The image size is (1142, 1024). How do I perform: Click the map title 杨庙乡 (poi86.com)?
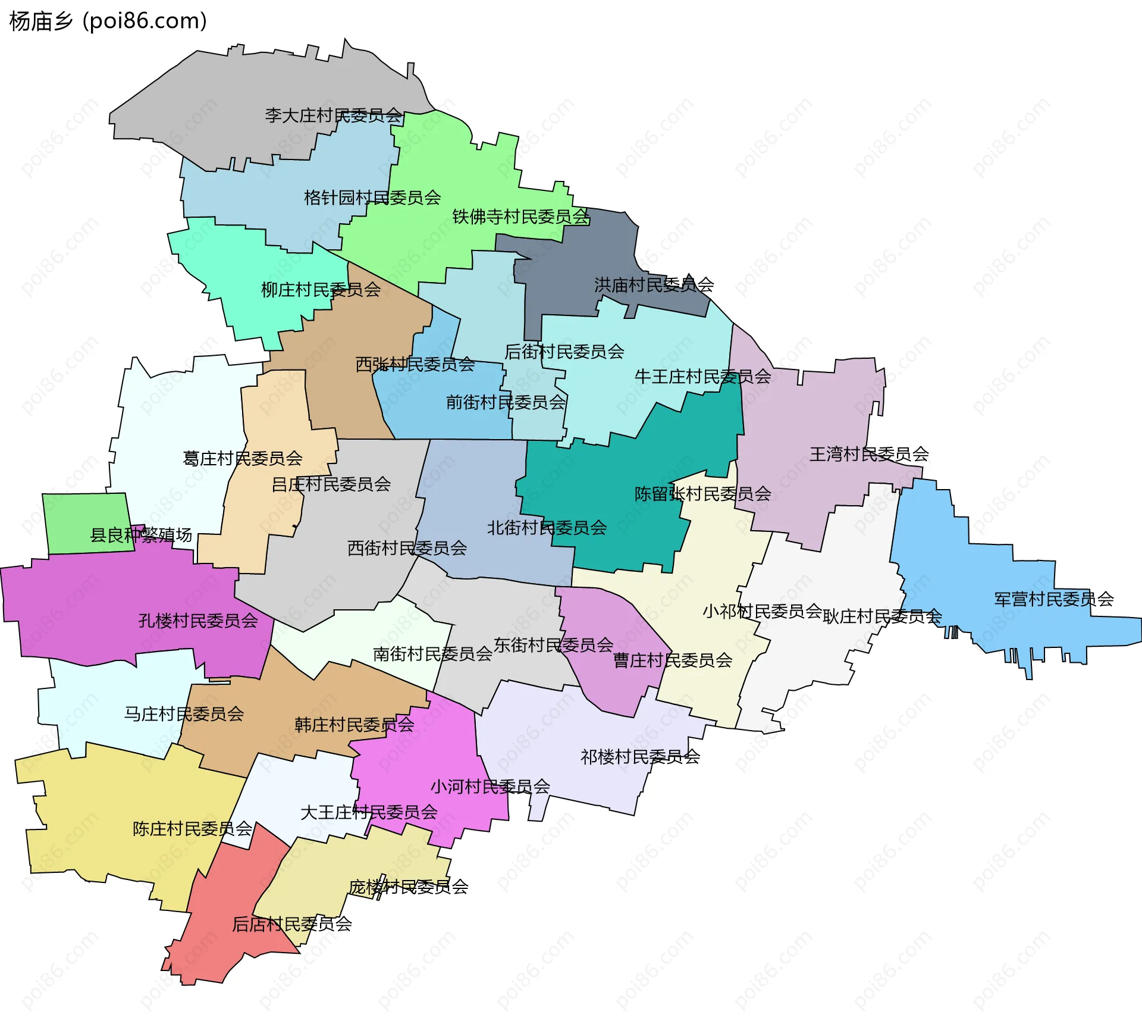pos(108,21)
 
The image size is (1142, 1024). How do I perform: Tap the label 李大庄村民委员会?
pos(333,115)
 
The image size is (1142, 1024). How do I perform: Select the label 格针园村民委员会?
pos(372,198)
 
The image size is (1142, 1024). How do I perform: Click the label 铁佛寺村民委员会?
pos(520,217)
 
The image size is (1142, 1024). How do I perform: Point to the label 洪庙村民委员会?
pos(654,285)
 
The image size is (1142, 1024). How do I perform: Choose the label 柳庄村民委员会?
pos(321,290)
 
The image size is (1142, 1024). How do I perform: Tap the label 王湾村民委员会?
pos(869,455)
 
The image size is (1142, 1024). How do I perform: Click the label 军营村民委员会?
pos(1054,599)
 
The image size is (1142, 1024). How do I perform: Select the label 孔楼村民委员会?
pos(198,621)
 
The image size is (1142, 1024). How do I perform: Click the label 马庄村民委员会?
pos(184,714)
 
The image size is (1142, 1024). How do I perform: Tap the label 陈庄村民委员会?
pos(192,829)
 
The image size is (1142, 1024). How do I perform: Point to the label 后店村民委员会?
pos(292,924)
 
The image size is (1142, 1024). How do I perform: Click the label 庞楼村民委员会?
pos(409,887)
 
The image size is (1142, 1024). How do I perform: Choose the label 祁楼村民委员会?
pos(640,757)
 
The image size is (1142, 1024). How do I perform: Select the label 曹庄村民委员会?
pos(673,660)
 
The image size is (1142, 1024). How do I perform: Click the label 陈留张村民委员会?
pos(702,494)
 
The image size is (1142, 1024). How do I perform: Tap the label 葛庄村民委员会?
pos(243,459)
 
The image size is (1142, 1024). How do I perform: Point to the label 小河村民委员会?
pos(490,787)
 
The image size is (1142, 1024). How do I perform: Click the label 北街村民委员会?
pos(547,528)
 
